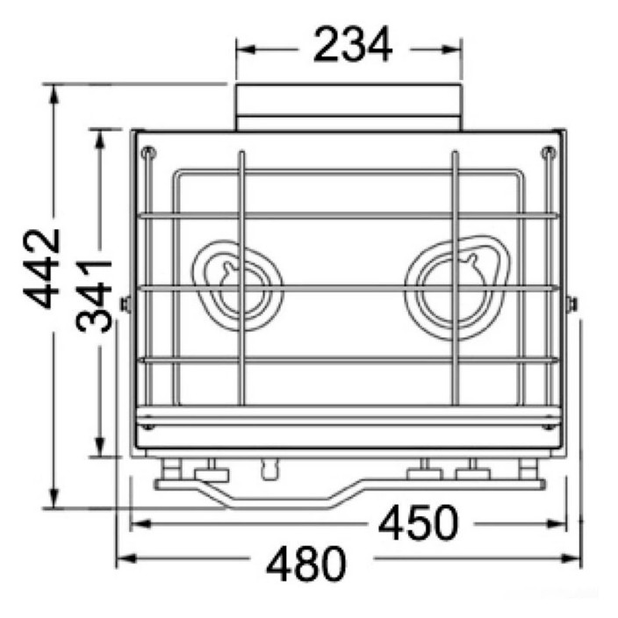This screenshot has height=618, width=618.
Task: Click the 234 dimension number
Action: pos(353,44)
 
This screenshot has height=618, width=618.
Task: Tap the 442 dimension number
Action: pos(41,269)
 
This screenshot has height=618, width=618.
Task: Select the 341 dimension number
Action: pos(94,295)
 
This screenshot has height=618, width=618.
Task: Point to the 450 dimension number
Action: pos(418,523)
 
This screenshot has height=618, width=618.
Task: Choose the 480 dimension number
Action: pos(306,564)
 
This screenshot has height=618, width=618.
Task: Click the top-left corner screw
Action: pos(149,153)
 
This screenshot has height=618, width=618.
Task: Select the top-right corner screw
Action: pos(549,153)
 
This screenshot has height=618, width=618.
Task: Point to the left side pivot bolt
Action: pos(126,305)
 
